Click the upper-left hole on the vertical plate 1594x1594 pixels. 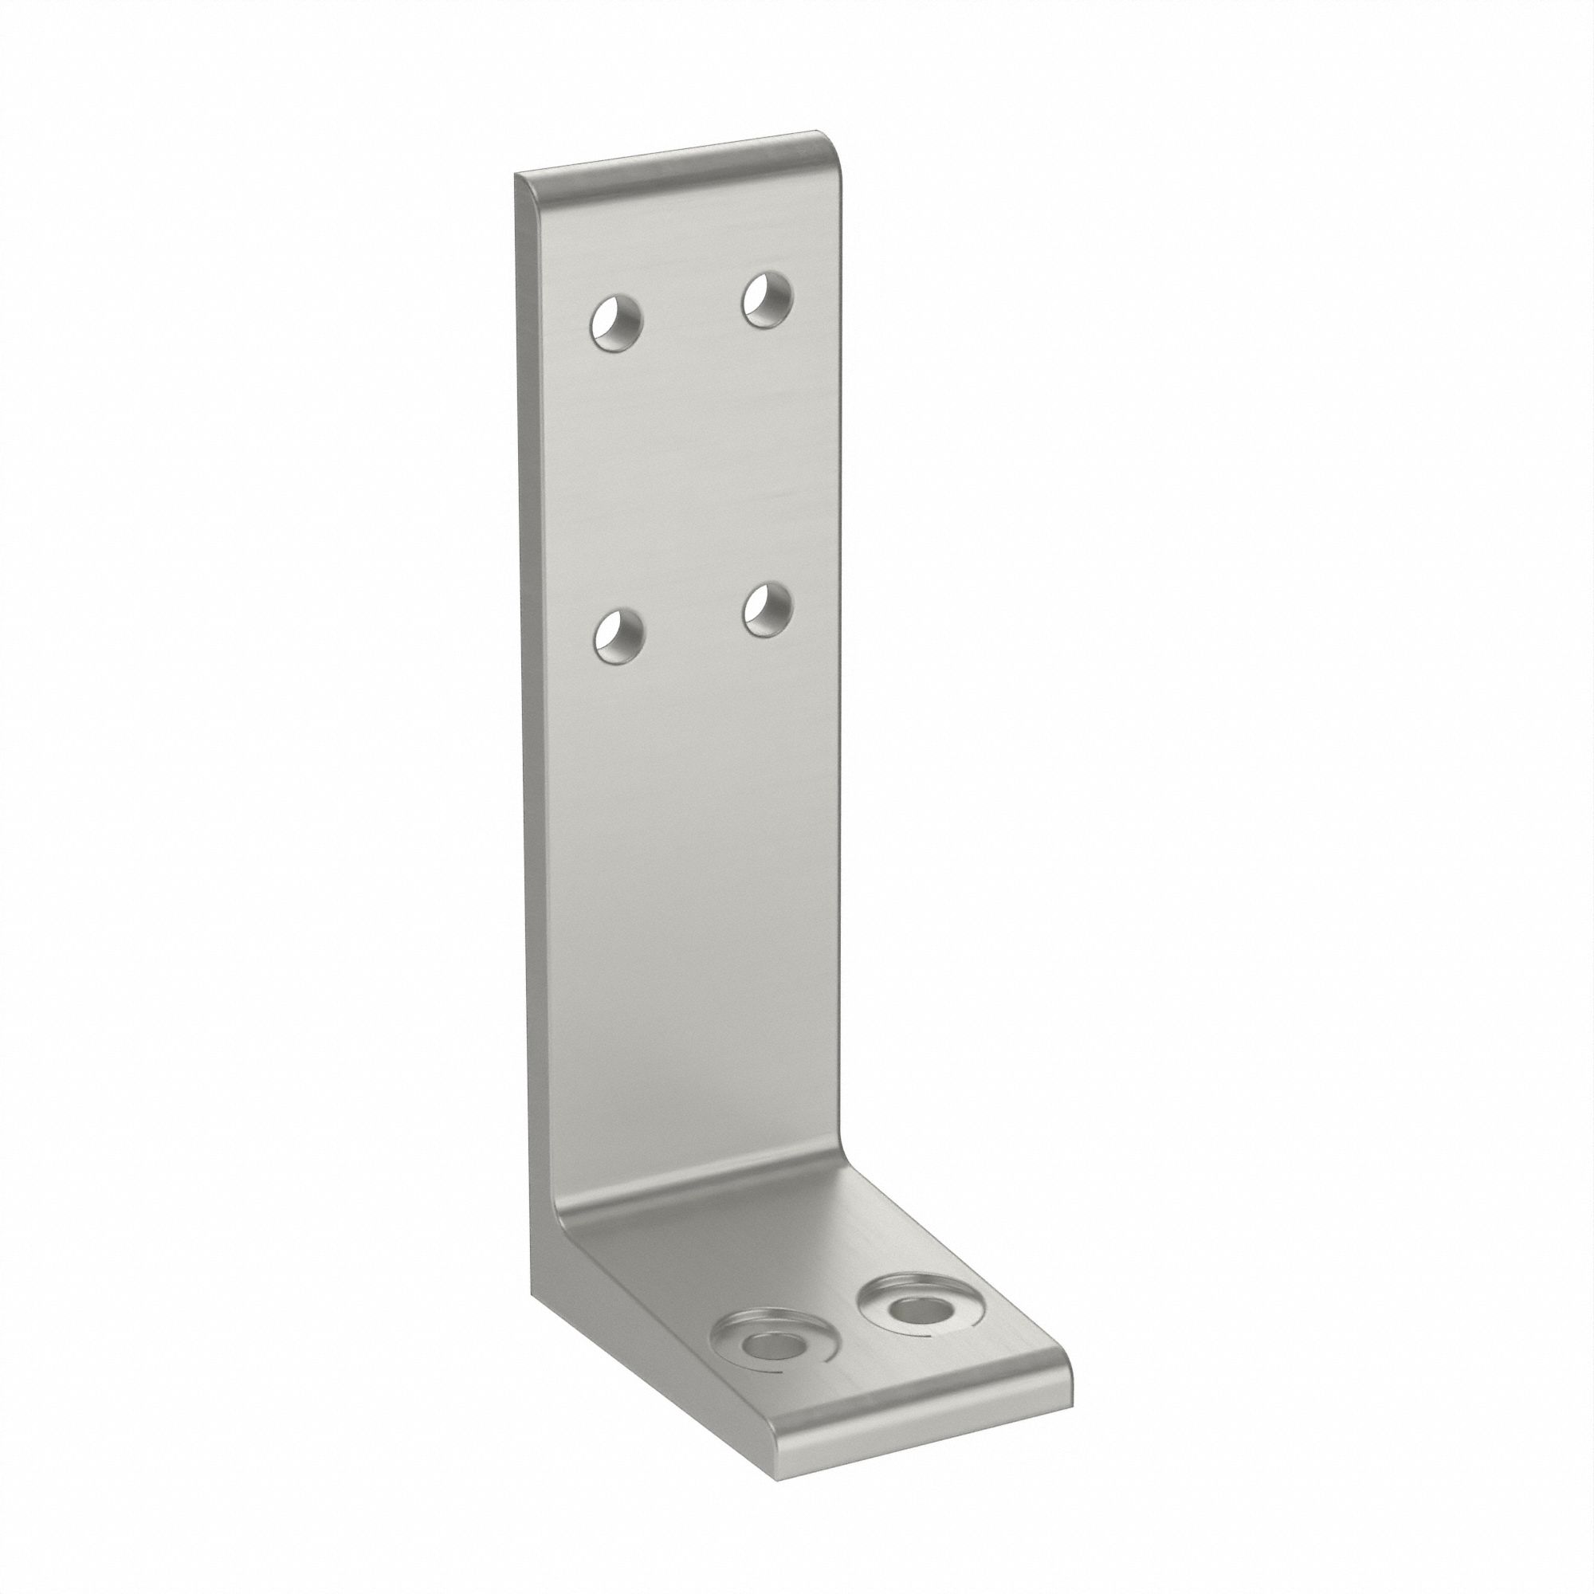coord(616,324)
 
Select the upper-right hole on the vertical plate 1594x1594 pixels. coord(767,300)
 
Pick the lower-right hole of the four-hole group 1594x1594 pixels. coord(767,611)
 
